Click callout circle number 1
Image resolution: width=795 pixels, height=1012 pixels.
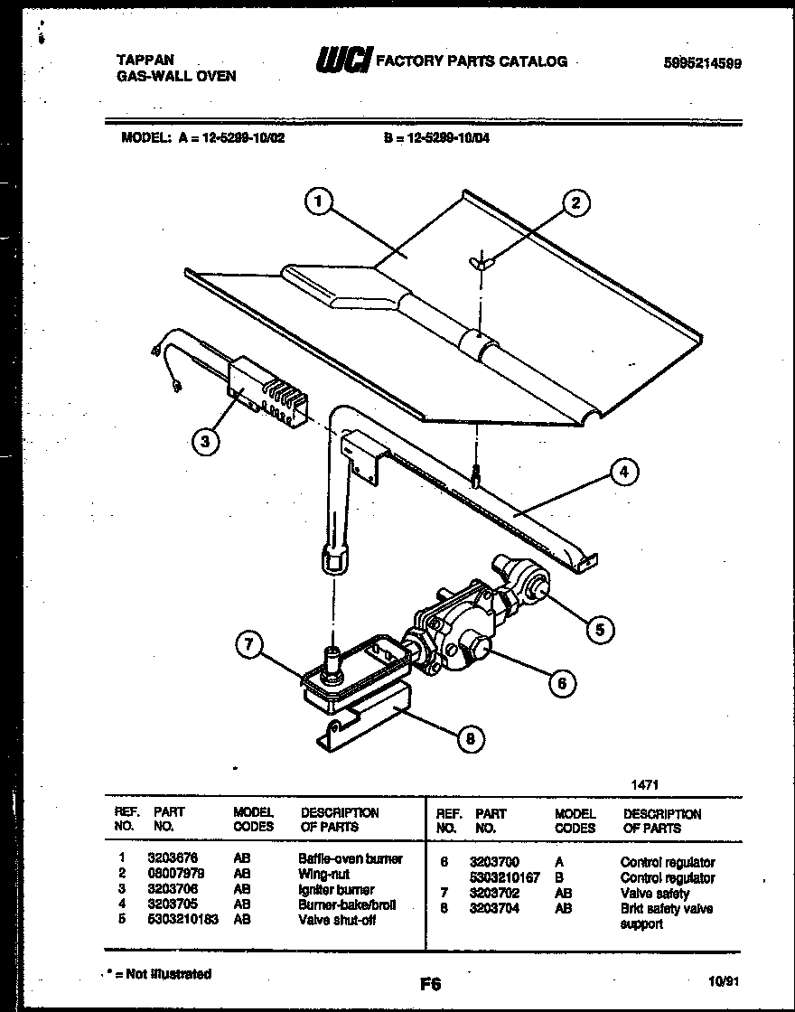point(317,203)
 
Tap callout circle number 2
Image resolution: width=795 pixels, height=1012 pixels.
point(575,203)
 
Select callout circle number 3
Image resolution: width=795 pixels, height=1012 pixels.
point(207,442)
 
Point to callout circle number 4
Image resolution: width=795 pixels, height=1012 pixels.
point(623,471)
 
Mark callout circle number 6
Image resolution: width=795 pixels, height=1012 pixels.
point(561,683)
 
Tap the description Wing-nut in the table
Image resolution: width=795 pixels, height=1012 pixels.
point(323,874)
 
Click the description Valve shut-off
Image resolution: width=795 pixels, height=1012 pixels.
point(336,920)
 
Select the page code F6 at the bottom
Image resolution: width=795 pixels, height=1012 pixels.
point(430,983)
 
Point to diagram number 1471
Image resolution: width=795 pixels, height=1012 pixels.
point(645,785)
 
